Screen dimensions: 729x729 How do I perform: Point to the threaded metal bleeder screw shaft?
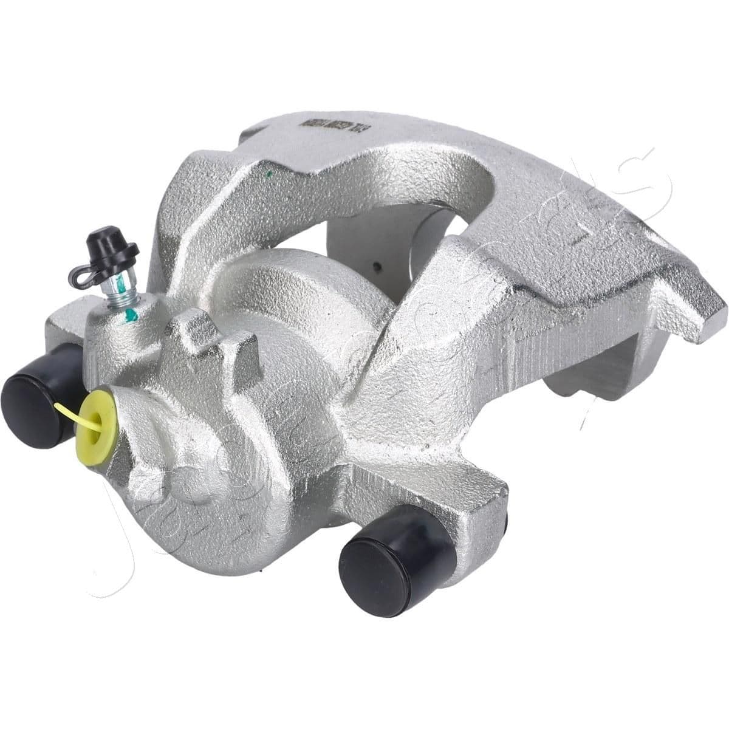pos(120,289)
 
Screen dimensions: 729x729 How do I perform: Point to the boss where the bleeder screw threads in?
pos(115,328)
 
